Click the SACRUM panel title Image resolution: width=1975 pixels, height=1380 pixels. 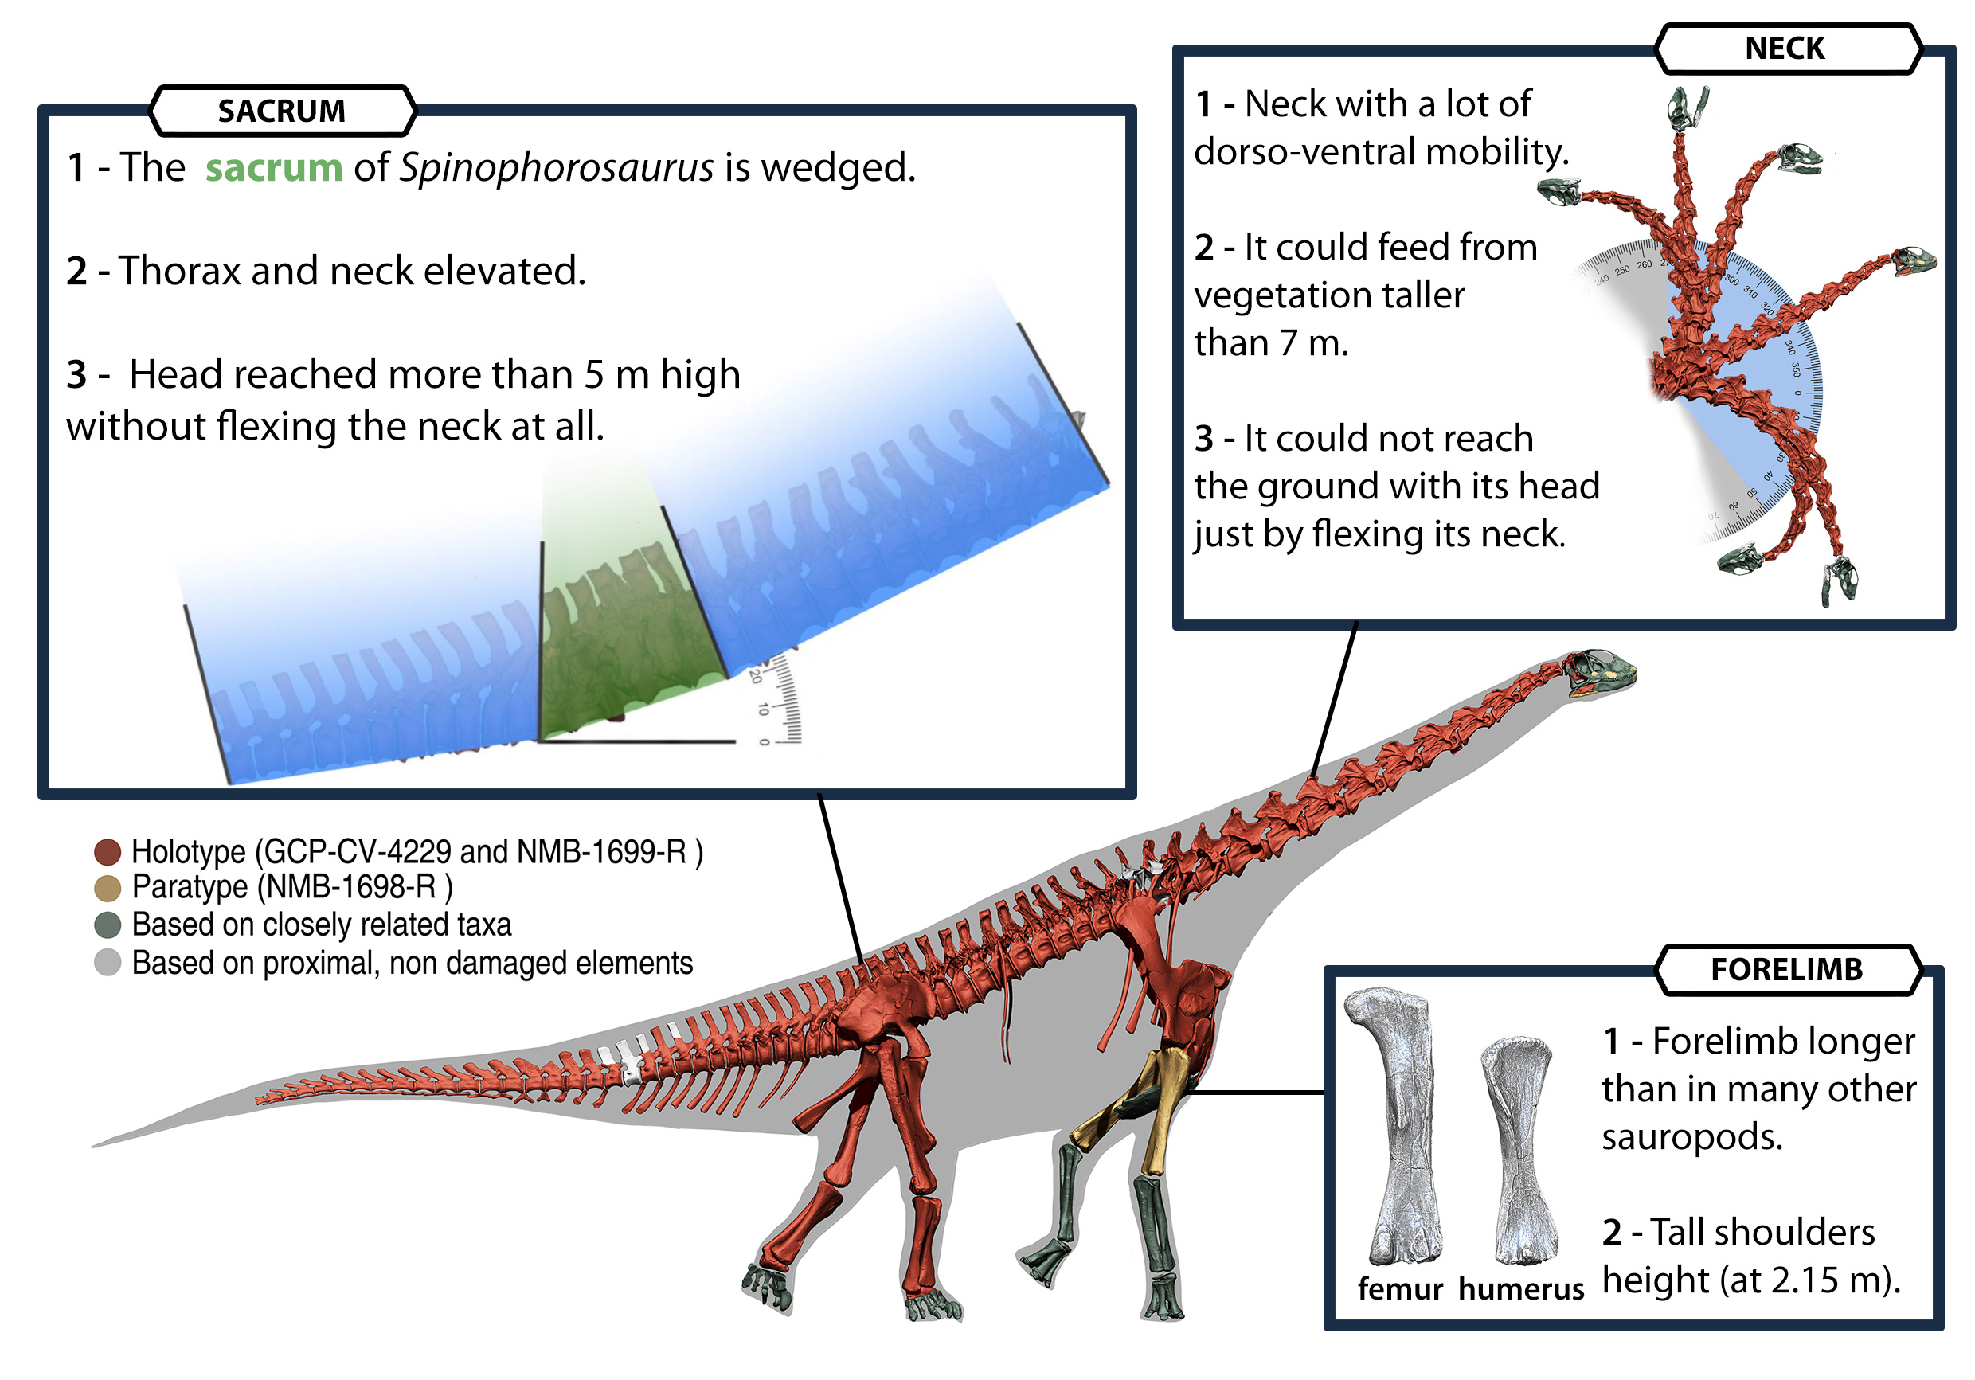coord(281,111)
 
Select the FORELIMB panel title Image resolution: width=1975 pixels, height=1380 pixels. coord(1785,969)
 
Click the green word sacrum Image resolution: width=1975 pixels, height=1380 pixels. coord(273,167)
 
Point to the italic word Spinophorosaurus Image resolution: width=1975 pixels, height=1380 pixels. coord(556,167)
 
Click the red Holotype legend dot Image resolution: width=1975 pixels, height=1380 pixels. coord(107,852)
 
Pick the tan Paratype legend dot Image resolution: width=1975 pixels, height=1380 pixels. coord(107,888)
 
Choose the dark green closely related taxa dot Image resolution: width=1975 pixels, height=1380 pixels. coord(107,925)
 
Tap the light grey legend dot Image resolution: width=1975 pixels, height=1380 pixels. coord(107,963)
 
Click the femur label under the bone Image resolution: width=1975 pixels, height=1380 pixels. coord(1399,1288)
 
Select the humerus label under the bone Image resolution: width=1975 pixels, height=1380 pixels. coord(1520,1288)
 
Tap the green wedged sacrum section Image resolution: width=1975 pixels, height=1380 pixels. coord(628,637)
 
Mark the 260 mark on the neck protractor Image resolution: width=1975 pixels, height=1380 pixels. coord(1644,264)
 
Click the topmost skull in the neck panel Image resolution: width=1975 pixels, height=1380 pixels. coord(1686,107)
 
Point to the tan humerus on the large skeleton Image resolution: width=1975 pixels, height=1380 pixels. coord(1166,1110)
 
